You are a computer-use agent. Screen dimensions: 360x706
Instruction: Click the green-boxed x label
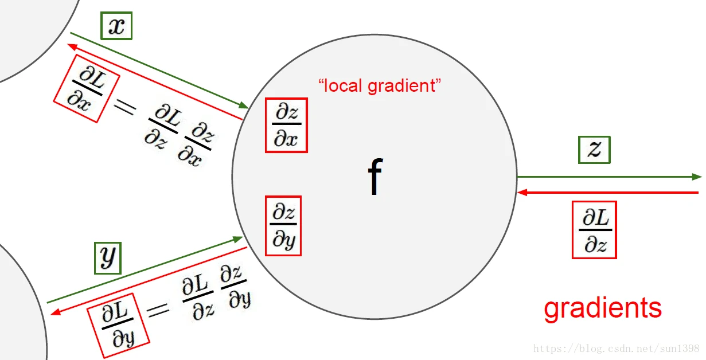tap(116, 26)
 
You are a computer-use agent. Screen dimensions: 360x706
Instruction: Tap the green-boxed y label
tap(108, 258)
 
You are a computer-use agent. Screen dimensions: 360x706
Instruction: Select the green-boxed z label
tap(594, 150)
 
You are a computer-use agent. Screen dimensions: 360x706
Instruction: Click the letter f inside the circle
tap(375, 177)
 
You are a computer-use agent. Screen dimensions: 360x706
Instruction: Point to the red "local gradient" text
tap(380, 87)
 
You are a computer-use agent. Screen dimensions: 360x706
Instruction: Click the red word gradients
tap(602, 308)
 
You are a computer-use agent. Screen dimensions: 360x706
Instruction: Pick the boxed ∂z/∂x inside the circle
tap(286, 125)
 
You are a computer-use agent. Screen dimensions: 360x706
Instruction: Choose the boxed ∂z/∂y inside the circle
tap(283, 225)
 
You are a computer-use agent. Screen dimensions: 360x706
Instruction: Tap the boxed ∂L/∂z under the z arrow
tap(594, 229)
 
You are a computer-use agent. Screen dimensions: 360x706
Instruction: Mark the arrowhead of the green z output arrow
tap(697, 177)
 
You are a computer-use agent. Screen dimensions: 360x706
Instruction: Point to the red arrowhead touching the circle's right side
tap(521, 193)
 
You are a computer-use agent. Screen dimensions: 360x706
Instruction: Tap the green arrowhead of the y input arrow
tap(239, 237)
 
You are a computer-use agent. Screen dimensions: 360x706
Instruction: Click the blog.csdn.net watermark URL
tap(616, 348)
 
